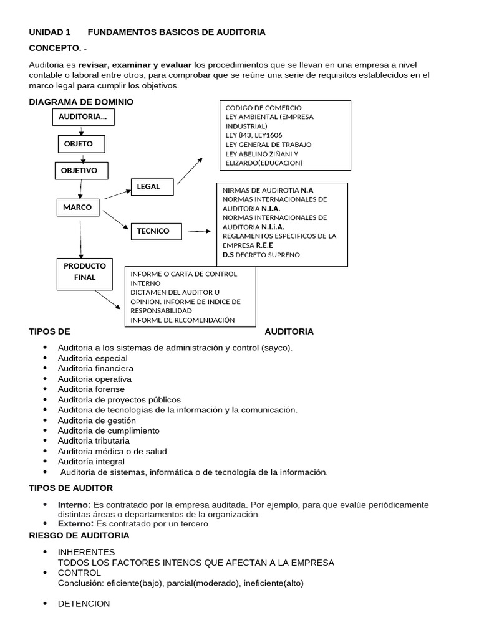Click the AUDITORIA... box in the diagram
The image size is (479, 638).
(83, 117)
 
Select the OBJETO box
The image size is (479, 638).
(81, 144)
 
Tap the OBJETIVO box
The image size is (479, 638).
(80, 170)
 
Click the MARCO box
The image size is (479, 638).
(77, 207)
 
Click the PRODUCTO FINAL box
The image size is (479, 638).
(85, 274)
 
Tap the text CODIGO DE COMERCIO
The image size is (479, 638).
(263, 108)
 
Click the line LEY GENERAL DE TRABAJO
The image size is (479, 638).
(268, 145)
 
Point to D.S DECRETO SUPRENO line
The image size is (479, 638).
(262, 254)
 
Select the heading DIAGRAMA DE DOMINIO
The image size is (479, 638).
(81, 102)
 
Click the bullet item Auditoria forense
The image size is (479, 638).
(91, 389)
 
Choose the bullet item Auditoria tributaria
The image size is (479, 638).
(94, 441)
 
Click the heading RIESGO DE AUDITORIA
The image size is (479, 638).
(79, 535)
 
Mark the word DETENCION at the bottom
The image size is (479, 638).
(84, 604)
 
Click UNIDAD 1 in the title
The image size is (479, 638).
(50, 32)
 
